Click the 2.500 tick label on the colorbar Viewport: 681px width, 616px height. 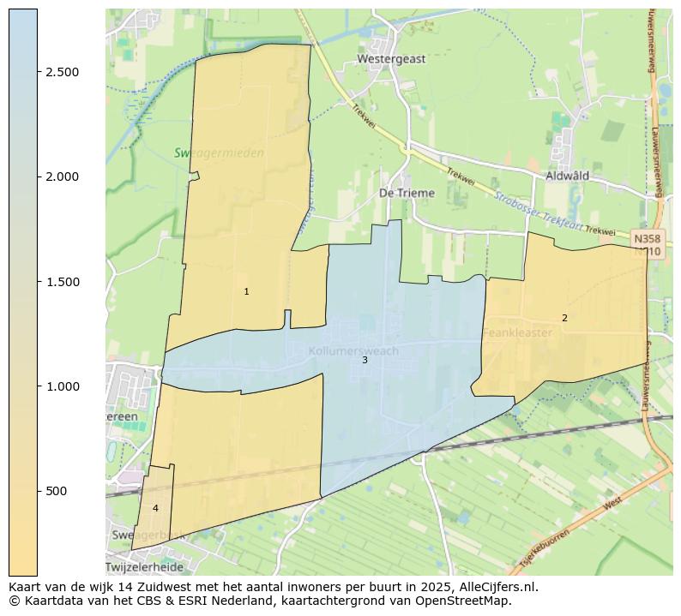pos(63,72)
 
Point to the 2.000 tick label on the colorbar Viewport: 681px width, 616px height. pos(63,176)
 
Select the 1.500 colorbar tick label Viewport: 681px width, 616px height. pos(63,282)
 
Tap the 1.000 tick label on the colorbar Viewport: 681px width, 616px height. pos(63,386)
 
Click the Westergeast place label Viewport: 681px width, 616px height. pos(391,59)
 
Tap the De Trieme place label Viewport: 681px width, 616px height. pos(407,194)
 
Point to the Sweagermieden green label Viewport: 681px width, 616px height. pos(219,153)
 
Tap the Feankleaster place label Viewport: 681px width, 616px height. pos(517,332)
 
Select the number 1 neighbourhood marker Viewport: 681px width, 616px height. pos(246,292)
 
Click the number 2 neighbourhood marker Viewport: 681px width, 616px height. pos(564,318)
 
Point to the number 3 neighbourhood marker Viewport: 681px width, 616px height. pos(365,360)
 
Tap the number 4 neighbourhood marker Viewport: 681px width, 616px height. pos(155,508)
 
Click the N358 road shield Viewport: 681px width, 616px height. pos(647,237)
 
